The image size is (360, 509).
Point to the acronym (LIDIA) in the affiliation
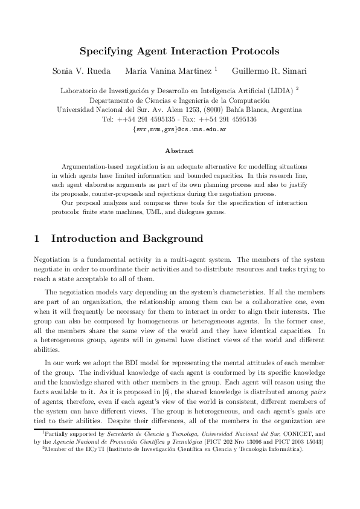[278, 91]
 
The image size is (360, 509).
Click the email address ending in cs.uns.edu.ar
[179, 129]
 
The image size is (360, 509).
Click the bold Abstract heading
[179, 151]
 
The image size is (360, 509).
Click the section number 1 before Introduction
[37, 239]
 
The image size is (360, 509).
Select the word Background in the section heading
[169, 239]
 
